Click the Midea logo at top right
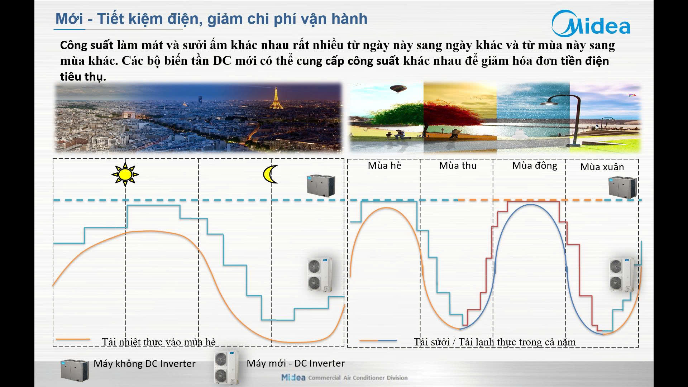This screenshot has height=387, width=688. click(591, 24)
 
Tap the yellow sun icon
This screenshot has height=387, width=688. click(125, 175)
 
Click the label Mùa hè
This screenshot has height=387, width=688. click(384, 166)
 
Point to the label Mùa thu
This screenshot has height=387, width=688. click(458, 166)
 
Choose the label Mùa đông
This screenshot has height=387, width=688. click(535, 166)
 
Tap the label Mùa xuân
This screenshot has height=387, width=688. click(602, 167)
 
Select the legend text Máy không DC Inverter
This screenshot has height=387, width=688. click(144, 364)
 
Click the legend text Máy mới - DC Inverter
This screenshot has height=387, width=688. click(296, 363)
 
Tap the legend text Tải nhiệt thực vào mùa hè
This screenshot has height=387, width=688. click(159, 342)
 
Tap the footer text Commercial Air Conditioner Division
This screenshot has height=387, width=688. click(358, 378)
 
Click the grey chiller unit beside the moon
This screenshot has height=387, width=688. click(321, 186)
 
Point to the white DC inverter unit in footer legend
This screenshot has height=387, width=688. click(226, 368)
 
